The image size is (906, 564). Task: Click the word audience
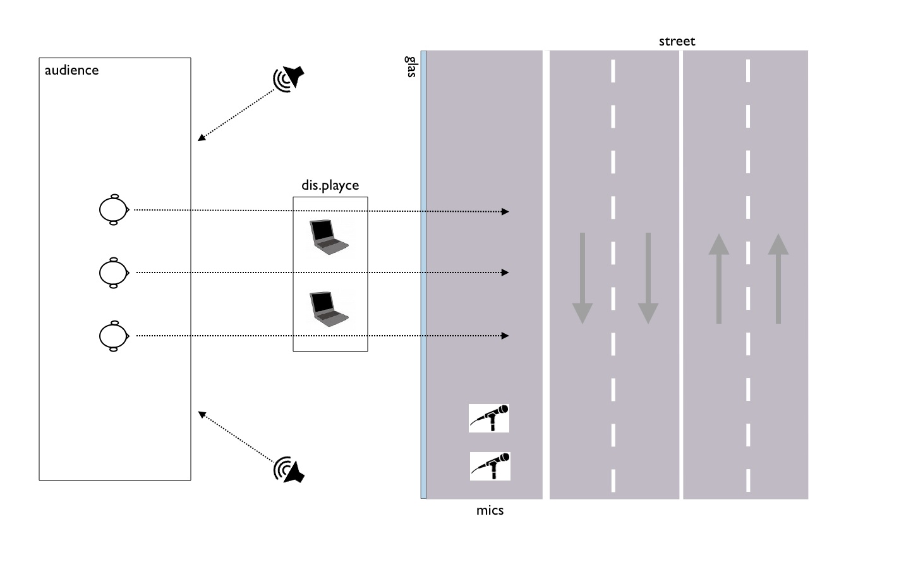click(71, 70)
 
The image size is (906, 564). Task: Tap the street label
click(677, 42)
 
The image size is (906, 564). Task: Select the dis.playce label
click(330, 185)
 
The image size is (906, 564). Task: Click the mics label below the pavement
click(490, 510)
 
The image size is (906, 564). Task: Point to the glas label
click(411, 66)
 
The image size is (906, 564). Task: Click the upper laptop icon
click(328, 237)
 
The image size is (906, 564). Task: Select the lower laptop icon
click(328, 308)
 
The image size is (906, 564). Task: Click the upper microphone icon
click(489, 419)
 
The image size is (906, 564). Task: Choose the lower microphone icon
click(490, 466)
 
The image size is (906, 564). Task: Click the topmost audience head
click(114, 209)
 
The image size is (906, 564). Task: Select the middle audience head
click(114, 273)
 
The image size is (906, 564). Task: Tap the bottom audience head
click(114, 336)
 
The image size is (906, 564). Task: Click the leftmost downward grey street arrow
click(583, 278)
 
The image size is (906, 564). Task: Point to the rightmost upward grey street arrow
click(778, 278)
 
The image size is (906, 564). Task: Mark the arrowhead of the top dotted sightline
click(505, 212)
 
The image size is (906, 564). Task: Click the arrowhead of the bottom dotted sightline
click(505, 336)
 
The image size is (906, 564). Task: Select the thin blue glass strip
click(423, 274)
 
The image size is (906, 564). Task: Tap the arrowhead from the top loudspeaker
click(201, 138)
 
